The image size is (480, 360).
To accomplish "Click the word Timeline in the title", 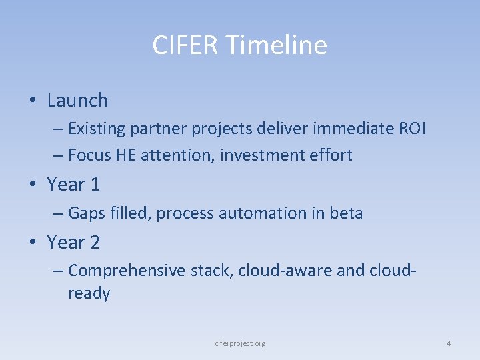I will (276, 45).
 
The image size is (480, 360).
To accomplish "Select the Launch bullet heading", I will (77, 101).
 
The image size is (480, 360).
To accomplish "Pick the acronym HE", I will (126, 155).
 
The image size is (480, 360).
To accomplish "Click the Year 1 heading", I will (73, 184).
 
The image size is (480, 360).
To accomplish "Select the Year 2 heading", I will (73, 243).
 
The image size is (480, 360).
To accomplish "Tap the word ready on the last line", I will (89, 293).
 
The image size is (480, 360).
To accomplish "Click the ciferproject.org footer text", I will (240, 343).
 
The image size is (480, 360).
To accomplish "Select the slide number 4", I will (449, 343).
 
